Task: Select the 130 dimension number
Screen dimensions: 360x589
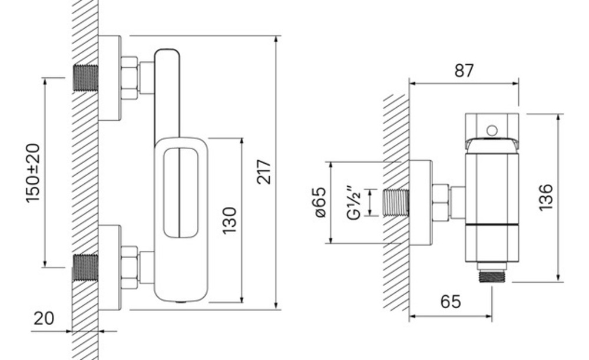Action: [229, 220]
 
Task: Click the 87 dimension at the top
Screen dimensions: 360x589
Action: [464, 71]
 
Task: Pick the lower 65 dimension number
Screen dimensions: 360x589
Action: [451, 302]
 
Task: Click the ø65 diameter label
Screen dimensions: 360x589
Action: [320, 202]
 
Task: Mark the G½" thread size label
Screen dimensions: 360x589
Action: [353, 202]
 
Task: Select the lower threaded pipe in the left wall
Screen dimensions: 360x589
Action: [85, 268]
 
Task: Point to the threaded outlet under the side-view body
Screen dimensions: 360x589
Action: [491, 275]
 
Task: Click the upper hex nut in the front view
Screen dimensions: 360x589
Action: [129, 77]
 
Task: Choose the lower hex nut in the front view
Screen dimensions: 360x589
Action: [129, 268]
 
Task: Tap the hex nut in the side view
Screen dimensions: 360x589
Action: [440, 202]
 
